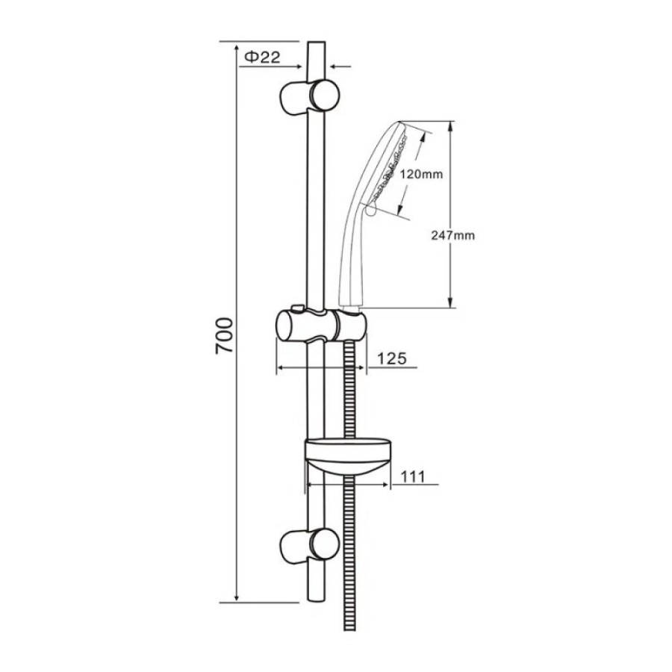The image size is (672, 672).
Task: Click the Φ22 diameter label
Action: tap(262, 57)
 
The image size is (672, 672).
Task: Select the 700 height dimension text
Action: tap(224, 335)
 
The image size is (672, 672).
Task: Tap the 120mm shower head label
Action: tap(421, 175)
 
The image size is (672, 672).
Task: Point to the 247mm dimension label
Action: tap(453, 235)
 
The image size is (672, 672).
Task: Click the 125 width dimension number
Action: tap(392, 358)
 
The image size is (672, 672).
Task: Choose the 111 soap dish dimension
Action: tap(412, 476)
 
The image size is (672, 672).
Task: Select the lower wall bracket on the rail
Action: tap(309, 545)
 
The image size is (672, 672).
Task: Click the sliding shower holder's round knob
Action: tap(285, 326)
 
